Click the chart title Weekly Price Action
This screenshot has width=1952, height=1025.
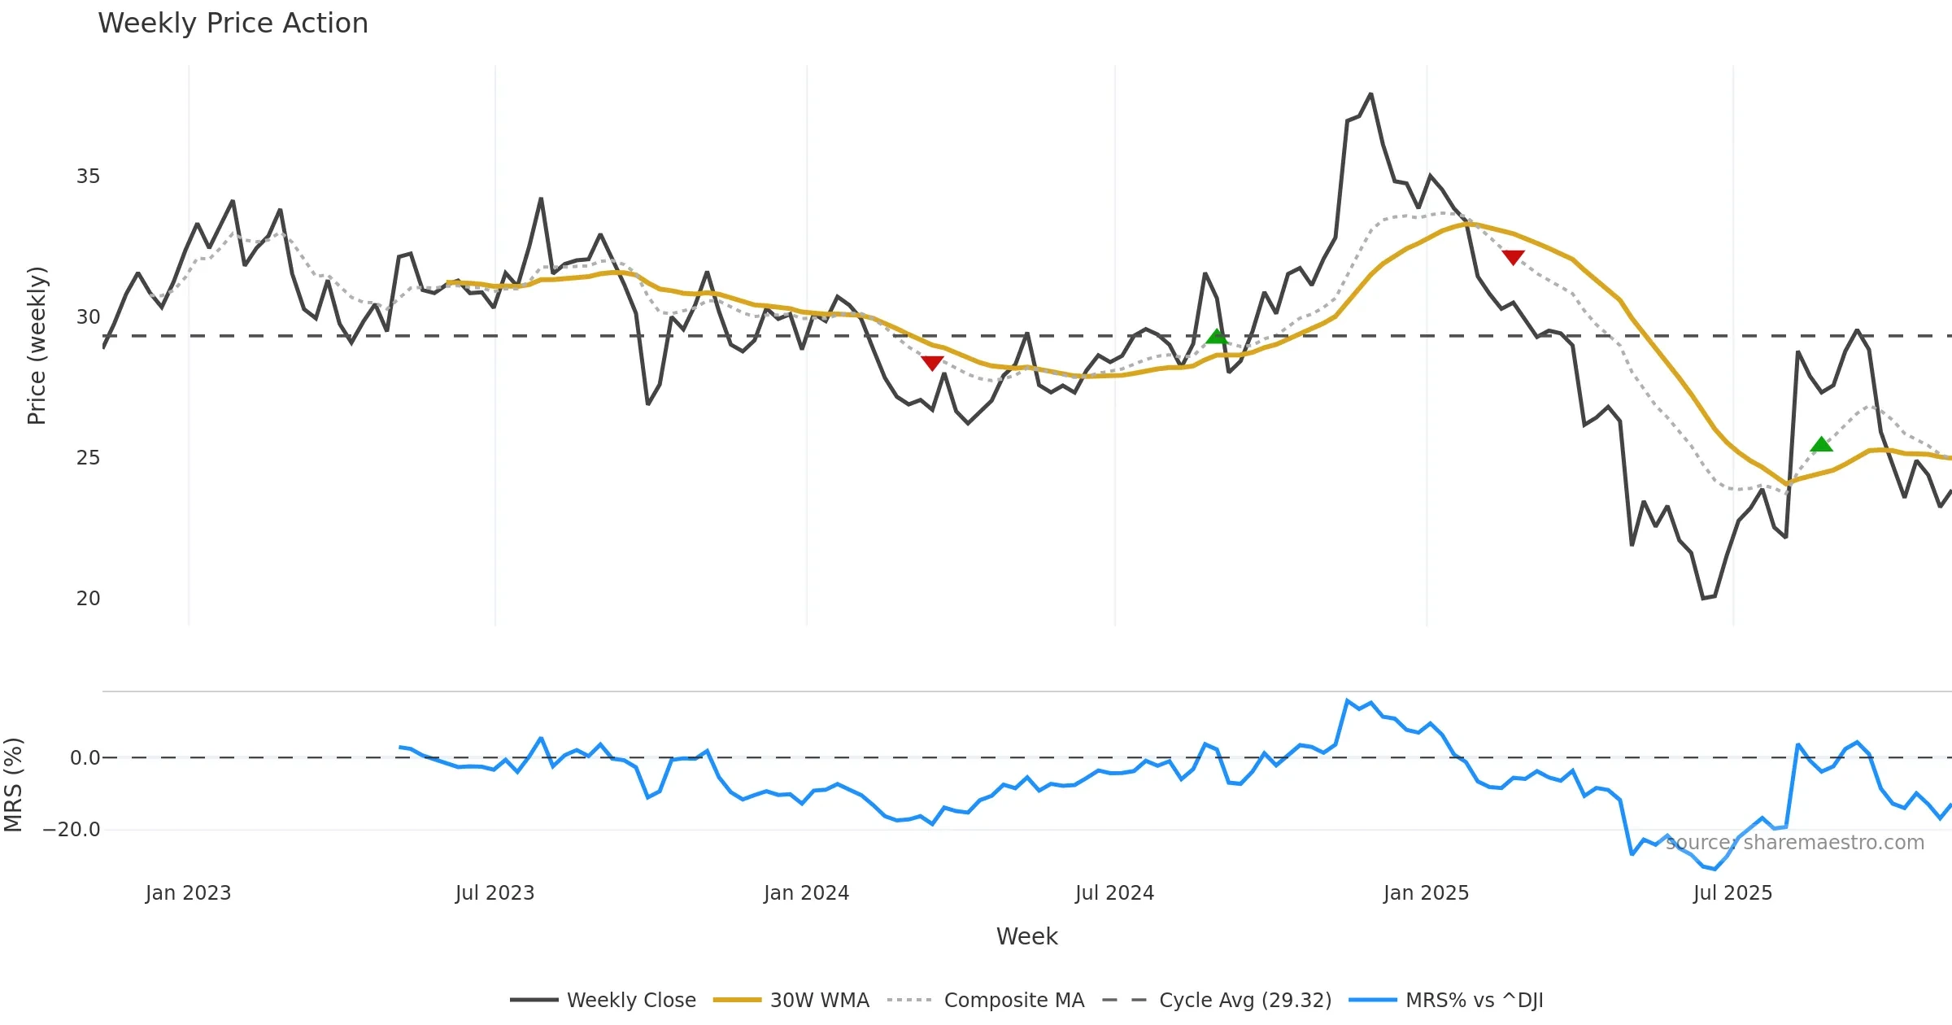233,24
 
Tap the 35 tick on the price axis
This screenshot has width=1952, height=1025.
88,177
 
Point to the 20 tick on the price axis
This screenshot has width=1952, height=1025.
88,599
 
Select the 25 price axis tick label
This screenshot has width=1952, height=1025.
88,458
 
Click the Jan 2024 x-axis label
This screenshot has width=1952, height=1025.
806,893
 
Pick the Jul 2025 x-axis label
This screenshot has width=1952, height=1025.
1732,893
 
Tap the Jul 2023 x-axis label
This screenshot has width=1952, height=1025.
495,893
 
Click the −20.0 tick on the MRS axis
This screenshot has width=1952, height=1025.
72,830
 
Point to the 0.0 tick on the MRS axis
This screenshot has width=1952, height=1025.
85,758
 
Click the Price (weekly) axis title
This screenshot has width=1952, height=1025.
37,346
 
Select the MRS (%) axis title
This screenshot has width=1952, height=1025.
13,785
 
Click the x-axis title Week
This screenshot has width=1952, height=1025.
1026,937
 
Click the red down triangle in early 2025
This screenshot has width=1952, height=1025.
1513,257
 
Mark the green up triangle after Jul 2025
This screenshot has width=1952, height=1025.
1821,444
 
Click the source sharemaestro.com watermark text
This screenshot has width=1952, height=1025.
1795,843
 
